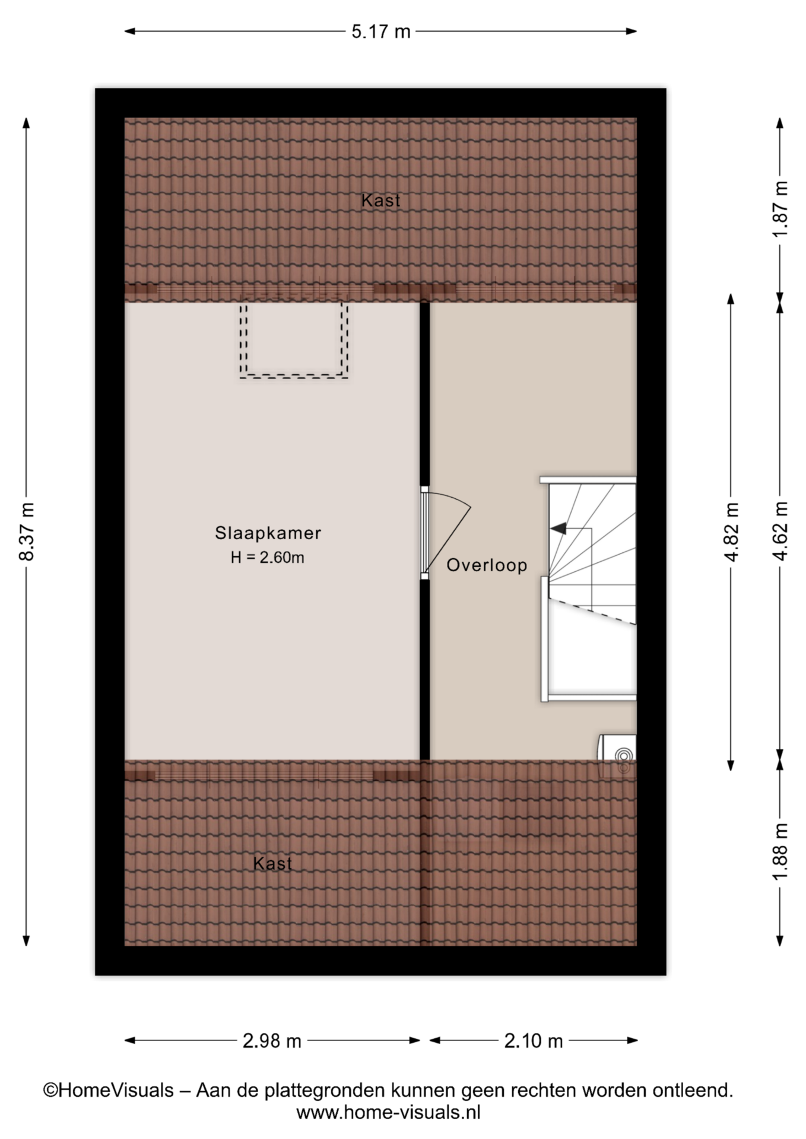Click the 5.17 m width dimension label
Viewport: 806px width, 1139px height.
point(381,31)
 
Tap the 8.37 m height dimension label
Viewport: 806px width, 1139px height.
point(27,531)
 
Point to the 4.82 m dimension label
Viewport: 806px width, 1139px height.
point(731,532)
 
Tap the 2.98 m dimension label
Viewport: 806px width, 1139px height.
point(272,1041)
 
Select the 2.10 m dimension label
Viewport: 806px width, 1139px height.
point(534,1041)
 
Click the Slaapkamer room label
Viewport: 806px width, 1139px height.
point(268,533)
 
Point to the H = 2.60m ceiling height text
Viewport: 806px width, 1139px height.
point(268,558)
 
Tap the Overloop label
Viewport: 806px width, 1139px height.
point(487,565)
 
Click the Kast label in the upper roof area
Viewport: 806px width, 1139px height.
point(381,201)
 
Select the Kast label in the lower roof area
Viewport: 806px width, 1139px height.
point(272,864)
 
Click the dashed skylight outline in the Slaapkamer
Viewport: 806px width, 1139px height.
point(294,375)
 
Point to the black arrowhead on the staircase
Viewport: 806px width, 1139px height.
point(558,528)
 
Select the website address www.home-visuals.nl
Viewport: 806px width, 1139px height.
point(388,1112)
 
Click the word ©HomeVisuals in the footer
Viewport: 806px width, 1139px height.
point(109,1090)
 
